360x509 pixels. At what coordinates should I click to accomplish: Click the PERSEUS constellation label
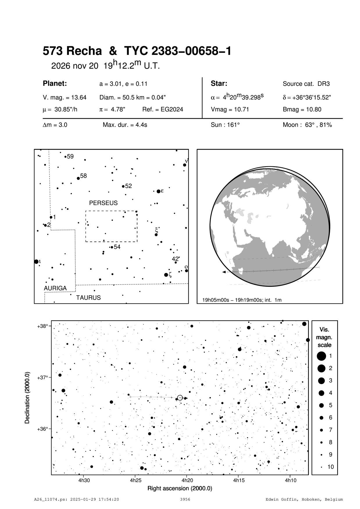[x=103, y=203]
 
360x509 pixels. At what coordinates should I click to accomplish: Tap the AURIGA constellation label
[x=55, y=288]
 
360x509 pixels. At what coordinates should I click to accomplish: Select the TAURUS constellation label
[x=88, y=297]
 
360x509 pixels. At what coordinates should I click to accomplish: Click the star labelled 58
[x=78, y=178]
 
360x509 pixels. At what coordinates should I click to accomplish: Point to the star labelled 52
[x=123, y=186]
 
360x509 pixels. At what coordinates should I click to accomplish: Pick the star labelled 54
[x=112, y=247]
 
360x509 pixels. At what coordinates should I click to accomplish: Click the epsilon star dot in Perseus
[x=158, y=191]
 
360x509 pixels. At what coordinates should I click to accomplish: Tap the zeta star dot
[x=166, y=275]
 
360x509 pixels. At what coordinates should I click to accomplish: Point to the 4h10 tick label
[x=290, y=481]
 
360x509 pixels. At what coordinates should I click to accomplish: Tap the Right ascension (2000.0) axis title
[x=180, y=488]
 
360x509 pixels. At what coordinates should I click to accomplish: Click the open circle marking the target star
[x=180, y=398]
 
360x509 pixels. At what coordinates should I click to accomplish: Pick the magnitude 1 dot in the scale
[x=321, y=356]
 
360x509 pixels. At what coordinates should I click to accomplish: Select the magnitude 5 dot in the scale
[x=321, y=405]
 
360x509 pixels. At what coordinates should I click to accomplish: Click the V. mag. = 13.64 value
[x=65, y=98]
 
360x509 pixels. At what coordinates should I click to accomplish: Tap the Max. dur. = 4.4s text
[x=125, y=125]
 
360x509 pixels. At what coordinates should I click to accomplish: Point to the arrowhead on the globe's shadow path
[x=224, y=272]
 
